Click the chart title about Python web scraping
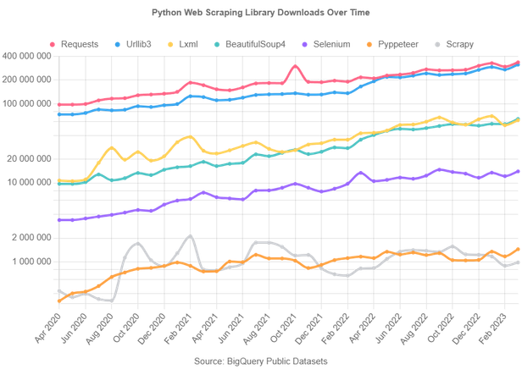(x=261, y=13)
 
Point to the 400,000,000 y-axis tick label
(x=30, y=56)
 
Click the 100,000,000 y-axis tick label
(x=30, y=103)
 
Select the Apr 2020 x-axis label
(x=49, y=326)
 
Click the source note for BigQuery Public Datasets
(x=261, y=361)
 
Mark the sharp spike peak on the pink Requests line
(x=294, y=64)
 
